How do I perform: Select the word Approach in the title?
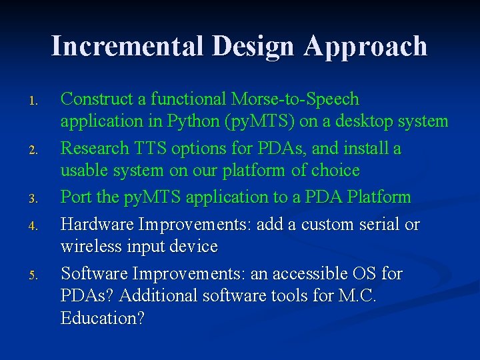click(365, 46)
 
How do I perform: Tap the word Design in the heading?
click(253, 46)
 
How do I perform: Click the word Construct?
click(97, 99)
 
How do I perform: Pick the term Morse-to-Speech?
click(295, 99)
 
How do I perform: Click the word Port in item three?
click(74, 197)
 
